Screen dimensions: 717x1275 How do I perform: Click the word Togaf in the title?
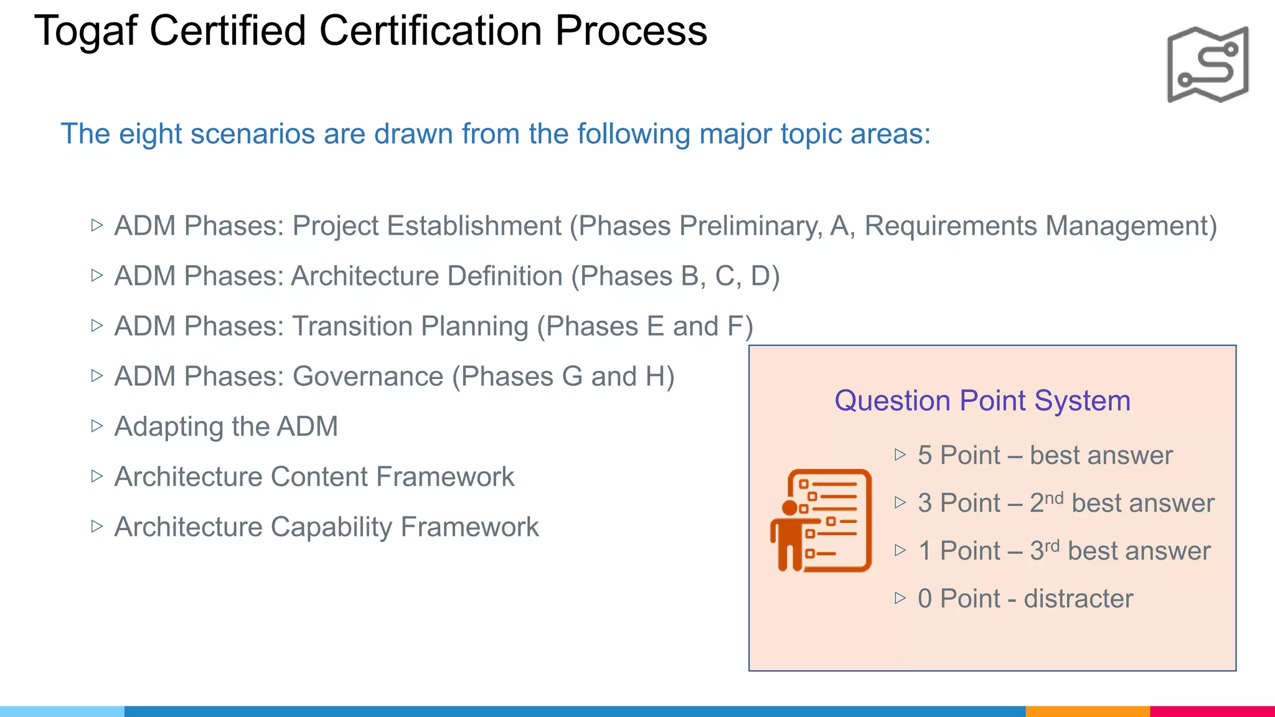tap(85, 31)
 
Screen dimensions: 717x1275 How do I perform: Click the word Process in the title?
tap(631, 31)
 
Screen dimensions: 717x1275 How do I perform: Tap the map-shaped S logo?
tap(1207, 64)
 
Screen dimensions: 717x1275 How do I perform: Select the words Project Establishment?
tap(426, 226)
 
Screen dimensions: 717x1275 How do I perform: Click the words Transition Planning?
tap(410, 327)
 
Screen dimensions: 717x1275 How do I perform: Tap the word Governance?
tap(368, 377)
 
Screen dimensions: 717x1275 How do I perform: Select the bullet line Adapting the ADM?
tap(226, 427)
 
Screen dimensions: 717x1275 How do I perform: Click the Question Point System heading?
tap(982, 400)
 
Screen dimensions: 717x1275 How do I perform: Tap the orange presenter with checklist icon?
tap(821, 521)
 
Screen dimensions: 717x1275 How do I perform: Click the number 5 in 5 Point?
tap(924, 456)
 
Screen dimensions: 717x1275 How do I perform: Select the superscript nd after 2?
tap(1054, 498)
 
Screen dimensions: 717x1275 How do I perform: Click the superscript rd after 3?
tap(1052, 546)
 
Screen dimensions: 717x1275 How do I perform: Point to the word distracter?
tap(1078, 599)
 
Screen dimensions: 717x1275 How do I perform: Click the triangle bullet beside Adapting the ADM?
tap(96, 426)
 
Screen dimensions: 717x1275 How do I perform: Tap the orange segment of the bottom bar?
tap(1087, 711)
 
